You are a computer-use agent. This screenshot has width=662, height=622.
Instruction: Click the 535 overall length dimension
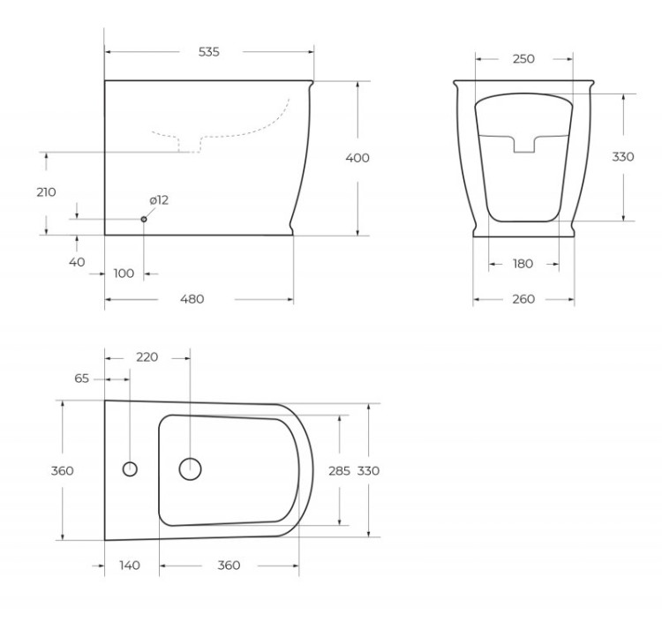tap(209, 52)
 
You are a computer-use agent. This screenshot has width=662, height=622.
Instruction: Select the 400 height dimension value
tap(357, 158)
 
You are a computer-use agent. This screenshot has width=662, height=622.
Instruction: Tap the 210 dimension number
tap(46, 192)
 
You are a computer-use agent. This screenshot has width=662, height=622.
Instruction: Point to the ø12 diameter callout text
tap(159, 200)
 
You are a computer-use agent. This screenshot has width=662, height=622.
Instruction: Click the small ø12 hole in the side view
tap(144, 219)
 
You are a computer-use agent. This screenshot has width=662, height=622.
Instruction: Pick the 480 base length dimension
tap(192, 299)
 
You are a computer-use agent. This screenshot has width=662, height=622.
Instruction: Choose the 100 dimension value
tap(124, 274)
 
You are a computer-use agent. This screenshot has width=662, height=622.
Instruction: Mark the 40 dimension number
tap(77, 261)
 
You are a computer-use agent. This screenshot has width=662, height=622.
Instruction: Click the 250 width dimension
tap(523, 59)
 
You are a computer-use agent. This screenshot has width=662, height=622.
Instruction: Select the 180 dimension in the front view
tap(523, 264)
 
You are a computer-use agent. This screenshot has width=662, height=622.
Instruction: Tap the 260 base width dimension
tap(523, 299)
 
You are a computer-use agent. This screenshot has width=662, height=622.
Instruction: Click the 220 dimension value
tap(147, 357)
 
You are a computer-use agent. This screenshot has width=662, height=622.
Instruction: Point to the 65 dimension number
tap(81, 378)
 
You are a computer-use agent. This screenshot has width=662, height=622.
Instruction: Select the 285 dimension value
tap(340, 470)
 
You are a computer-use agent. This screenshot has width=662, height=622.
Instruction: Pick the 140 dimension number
tap(131, 566)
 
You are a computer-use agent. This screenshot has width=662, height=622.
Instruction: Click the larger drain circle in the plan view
tap(190, 468)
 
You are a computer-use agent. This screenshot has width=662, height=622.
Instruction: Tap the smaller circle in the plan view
tap(130, 468)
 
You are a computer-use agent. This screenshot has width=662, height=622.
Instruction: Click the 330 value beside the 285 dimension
tap(368, 470)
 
